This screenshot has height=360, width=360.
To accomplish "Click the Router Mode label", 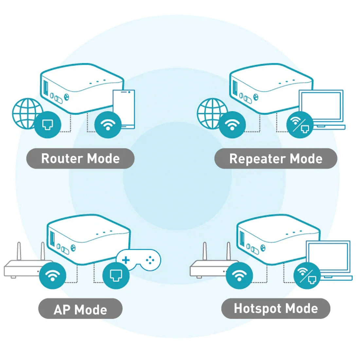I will [80, 158].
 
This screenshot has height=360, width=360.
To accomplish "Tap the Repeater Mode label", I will [276, 158].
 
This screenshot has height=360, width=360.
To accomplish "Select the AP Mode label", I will [80, 309].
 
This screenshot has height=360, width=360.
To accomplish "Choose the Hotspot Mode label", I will [276, 308].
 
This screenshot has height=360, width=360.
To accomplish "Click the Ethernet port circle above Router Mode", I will [47, 125].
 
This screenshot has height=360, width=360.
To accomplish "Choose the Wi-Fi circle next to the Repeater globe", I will [232, 125].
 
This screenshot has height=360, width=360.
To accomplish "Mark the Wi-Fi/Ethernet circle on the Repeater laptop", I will [300, 125].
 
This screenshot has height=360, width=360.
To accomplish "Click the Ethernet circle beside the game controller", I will [116, 275].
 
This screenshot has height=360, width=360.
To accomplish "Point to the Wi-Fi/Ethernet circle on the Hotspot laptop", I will [307, 275].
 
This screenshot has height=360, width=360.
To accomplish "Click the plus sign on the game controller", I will [126, 260].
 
